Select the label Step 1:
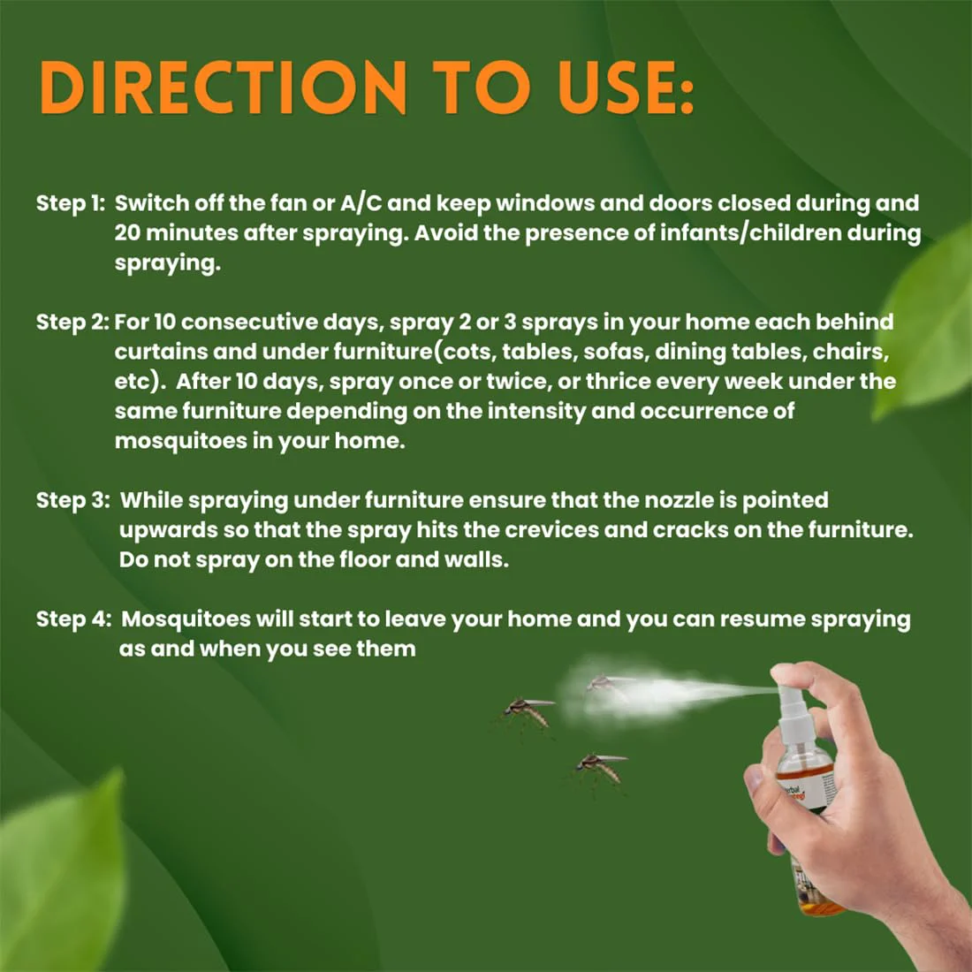click(71, 203)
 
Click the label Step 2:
click(72, 323)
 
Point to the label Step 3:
click(72, 500)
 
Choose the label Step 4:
click(73, 619)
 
